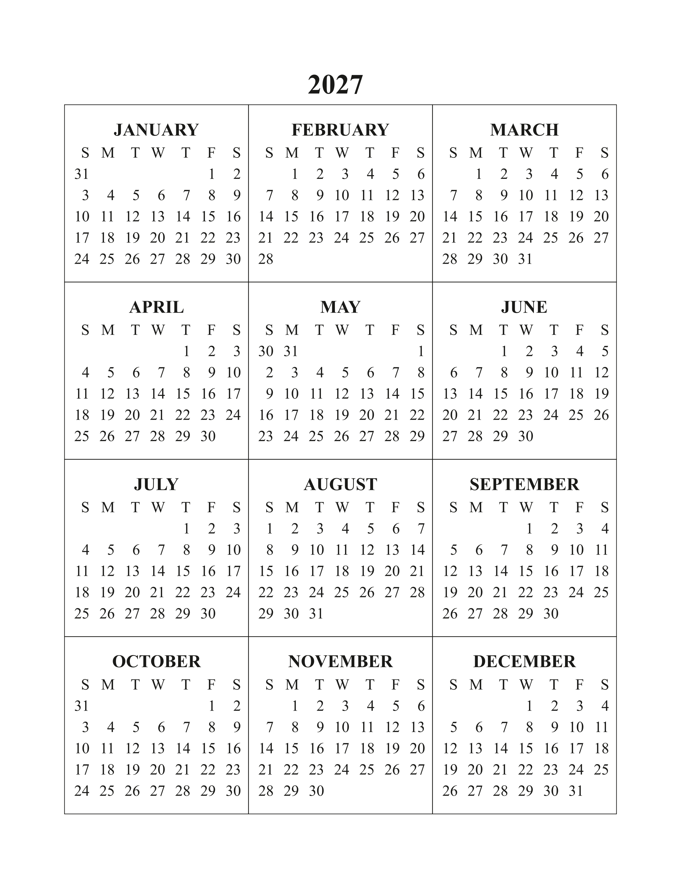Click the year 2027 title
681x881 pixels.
click(335, 85)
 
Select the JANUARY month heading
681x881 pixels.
click(156, 130)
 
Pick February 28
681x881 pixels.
click(266, 259)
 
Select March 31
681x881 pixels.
click(525, 259)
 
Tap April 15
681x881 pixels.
click(183, 394)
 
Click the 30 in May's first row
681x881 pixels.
click(266, 351)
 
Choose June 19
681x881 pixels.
click(601, 394)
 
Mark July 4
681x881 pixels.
click(85, 550)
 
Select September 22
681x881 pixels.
click(525, 592)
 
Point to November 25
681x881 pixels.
click(366, 770)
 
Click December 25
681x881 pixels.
click(601, 770)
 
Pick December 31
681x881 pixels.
click(576, 791)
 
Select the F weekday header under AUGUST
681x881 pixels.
click(395, 508)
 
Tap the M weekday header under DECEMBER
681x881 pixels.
click(476, 685)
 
